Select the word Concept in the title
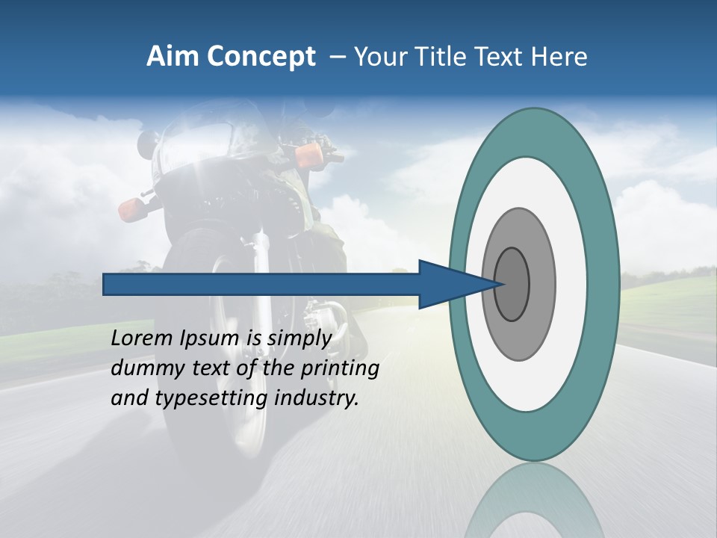coord(261,57)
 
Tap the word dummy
coord(145,369)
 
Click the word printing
coord(340,369)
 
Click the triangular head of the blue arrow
coord(448,284)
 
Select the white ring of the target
coord(571,284)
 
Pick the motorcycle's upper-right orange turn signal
coord(308,155)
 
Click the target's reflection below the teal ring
coord(534,501)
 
